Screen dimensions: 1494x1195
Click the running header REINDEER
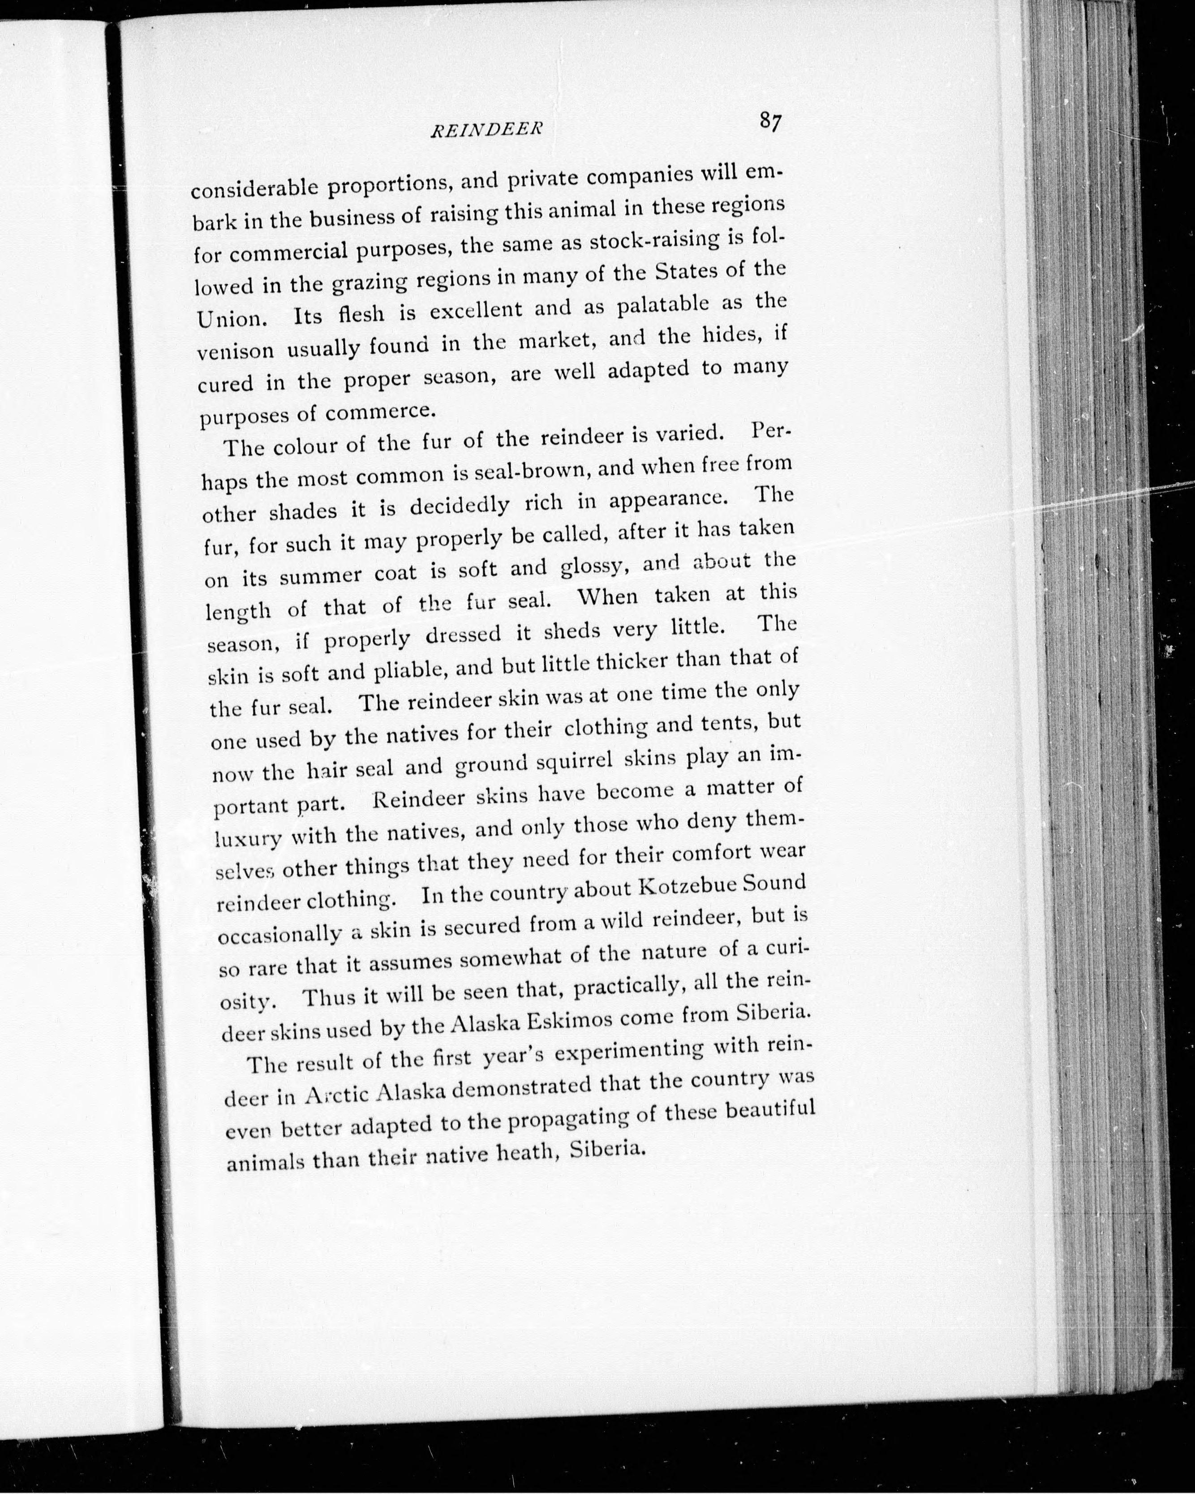(485, 129)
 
